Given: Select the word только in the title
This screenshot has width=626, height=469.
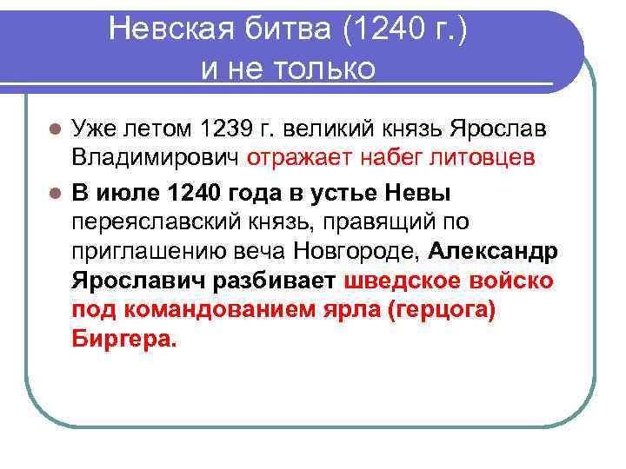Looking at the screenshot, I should pos(323,68).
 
